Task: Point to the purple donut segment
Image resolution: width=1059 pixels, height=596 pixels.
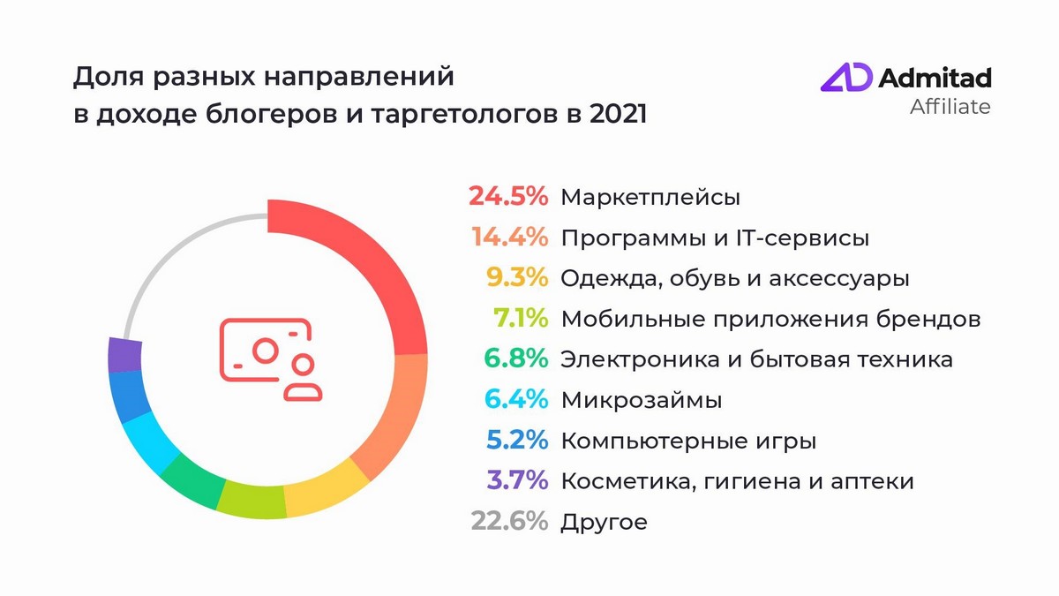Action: tap(124, 355)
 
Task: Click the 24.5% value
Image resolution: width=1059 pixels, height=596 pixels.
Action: tap(508, 196)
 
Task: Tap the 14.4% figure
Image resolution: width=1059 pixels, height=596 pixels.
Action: tap(510, 238)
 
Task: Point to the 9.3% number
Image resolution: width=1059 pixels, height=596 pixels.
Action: tap(522, 278)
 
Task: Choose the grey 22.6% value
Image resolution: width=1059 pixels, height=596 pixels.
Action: tap(509, 522)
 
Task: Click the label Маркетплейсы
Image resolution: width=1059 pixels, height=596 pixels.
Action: tap(650, 197)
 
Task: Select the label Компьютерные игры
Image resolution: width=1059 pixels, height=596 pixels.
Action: tap(688, 441)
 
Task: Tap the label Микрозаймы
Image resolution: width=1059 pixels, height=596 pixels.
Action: tap(642, 400)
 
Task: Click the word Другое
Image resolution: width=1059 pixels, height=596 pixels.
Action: tap(604, 523)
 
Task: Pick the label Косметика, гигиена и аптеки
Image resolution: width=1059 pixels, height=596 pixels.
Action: tap(737, 481)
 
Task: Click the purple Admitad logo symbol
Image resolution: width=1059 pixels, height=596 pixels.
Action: tap(846, 78)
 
